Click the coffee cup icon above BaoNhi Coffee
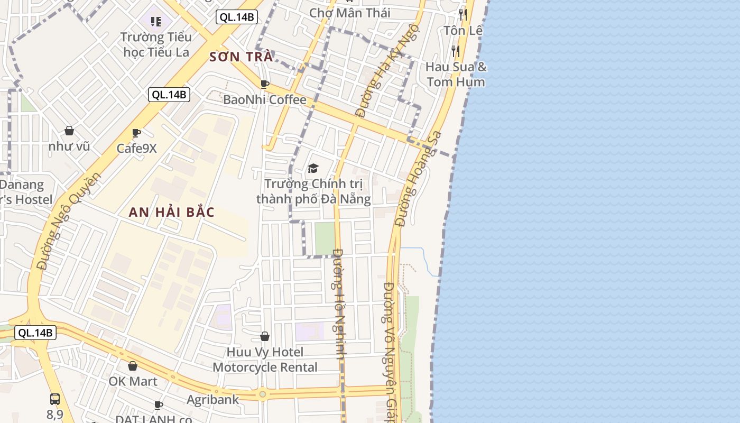[x=265, y=84]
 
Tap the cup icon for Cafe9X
[x=136, y=133]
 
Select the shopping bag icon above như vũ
[x=69, y=131]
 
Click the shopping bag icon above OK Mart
[x=133, y=366]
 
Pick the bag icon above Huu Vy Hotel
[x=265, y=336]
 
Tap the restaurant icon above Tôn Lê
[x=463, y=14]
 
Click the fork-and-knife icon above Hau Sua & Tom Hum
[x=456, y=51]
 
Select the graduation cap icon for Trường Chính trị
[x=313, y=169]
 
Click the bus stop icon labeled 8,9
[x=55, y=399]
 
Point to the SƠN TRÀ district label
[x=241, y=57]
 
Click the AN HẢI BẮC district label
[x=172, y=213]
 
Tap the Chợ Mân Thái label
[x=350, y=13]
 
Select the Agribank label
[x=212, y=400]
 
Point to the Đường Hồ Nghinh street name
[x=339, y=304]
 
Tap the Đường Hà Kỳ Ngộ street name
[x=387, y=70]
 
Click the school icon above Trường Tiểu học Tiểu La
[x=155, y=22]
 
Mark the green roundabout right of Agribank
[x=263, y=394]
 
